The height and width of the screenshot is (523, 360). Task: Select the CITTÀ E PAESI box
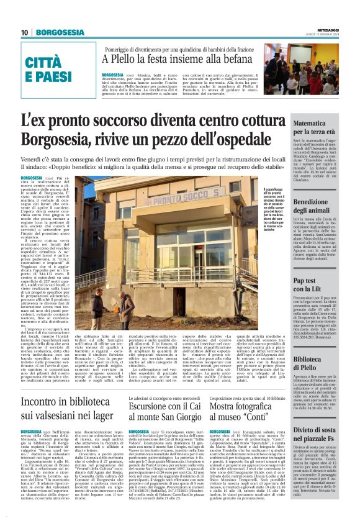(48, 70)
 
